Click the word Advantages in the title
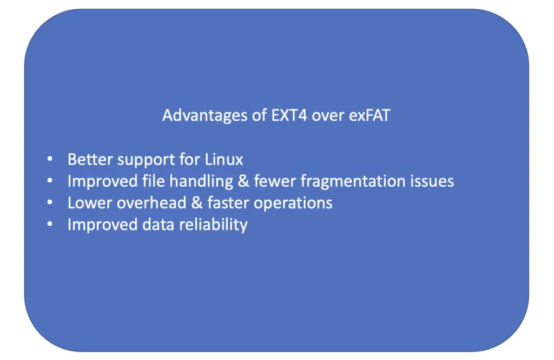coord(205,116)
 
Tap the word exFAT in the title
coord(370,115)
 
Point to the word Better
coord(90,160)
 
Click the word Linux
coord(224,160)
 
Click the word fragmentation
coord(353,181)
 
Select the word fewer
coord(275,181)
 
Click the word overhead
coord(151,203)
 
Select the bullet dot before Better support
coord(50,159)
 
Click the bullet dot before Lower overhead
coord(50,202)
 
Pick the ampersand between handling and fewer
coord(243,181)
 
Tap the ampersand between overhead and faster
coord(197,203)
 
